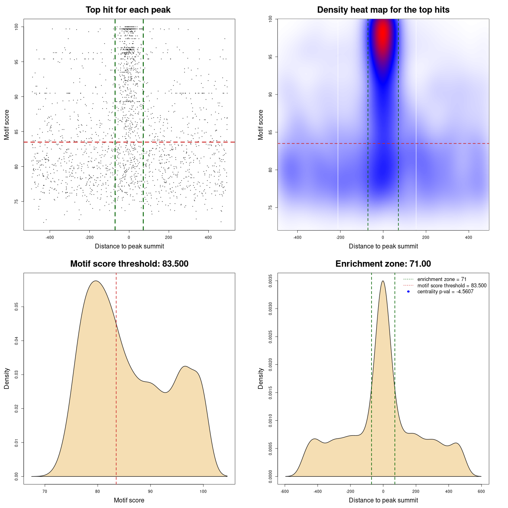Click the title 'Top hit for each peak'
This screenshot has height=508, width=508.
pyautogui.click(x=128, y=10)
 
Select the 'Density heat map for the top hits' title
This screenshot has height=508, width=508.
pyautogui.click(x=383, y=10)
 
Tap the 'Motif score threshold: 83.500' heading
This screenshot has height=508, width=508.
pyautogui.click(x=129, y=264)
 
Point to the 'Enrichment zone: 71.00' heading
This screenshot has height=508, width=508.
pyautogui.click(x=383, y=264)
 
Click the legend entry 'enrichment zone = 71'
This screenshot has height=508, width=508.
pyautogui.click(x=442, y=279)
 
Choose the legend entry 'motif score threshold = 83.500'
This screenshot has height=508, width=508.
pyautogui.click(x=452, y=285)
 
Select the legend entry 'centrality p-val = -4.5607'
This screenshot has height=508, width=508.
pyautogui.click(x=445, y=292)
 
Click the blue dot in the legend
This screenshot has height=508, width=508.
pyautogui.click(x=408, y=292)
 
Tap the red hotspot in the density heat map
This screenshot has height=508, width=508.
pyautogui.click(x=383, y=34)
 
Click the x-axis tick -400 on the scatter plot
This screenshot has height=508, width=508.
pyautogui.click(x=50, y=237)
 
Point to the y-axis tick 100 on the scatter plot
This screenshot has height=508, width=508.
pyautogui.click(x=17, y=27)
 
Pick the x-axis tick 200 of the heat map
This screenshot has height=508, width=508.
pyautogui.click(x=426, y=237)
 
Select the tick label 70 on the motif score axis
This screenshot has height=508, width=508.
pyautogui.click(x=45, y=491)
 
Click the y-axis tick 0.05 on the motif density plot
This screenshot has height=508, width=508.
pyautogui.click(x=17, y=307)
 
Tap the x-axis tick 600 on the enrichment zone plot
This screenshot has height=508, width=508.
pyautogui.click(x=481, y=491)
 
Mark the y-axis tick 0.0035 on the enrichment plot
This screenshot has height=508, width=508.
pyautogui.click(x=271, y=281)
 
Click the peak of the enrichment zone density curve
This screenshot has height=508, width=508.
pyautogui.click(x=383, y=281)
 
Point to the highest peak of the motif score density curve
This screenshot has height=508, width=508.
pyautogui.click(x=96, y=281)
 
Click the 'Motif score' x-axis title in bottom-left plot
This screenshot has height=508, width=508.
pyautogui.click(x=129, y=500)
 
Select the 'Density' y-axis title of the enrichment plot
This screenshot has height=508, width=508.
pyautogui.click(x=261, y=378)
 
